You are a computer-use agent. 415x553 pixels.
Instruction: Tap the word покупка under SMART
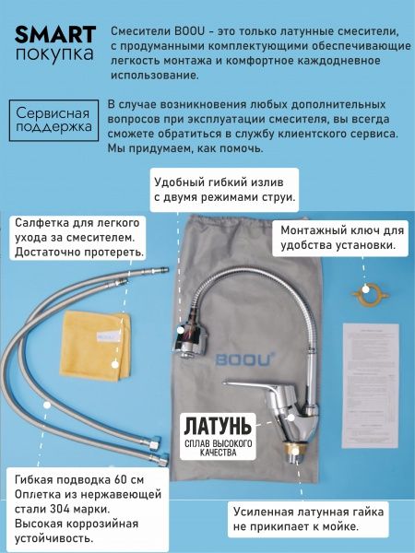pyautogui.click(x=54, y=54)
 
